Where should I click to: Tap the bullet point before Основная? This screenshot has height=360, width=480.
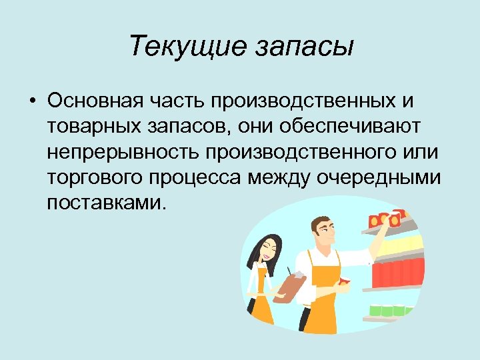32,101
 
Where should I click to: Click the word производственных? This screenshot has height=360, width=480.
305,101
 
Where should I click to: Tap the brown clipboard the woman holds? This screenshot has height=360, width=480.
289,288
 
